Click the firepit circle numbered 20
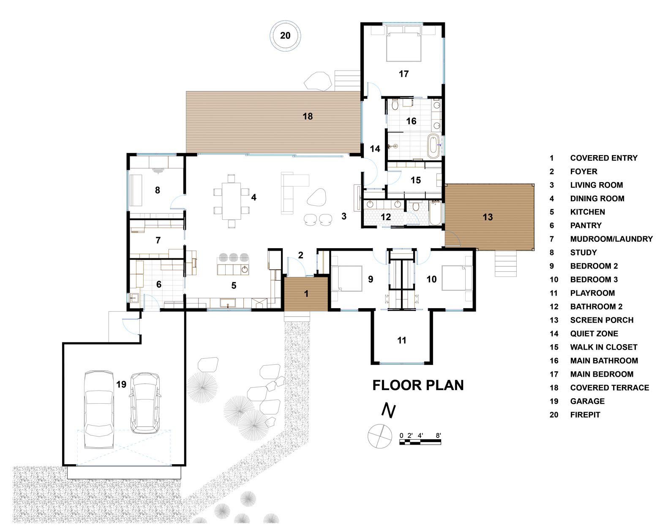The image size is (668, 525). (x=285, y=36)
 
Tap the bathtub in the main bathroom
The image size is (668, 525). (x=434, y=146)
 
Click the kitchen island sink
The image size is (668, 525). (x=244, y=270)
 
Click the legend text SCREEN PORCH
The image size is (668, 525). (x=602, y=320)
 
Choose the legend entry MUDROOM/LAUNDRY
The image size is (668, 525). (x=611, y=239)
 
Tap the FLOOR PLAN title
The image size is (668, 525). (x=418, y=386)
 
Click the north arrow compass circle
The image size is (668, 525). (x=380, y=436)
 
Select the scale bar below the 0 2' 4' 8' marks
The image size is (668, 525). (x=420, y=442)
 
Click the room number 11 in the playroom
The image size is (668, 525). (x=401, y=340)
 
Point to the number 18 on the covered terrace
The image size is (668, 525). (x=308, y=116)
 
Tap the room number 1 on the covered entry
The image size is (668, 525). (x=306, y=294)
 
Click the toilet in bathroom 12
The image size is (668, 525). (x=416, y=206)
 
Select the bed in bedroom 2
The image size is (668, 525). (x=346, y=278)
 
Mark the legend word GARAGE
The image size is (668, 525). (x=587, y=402)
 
